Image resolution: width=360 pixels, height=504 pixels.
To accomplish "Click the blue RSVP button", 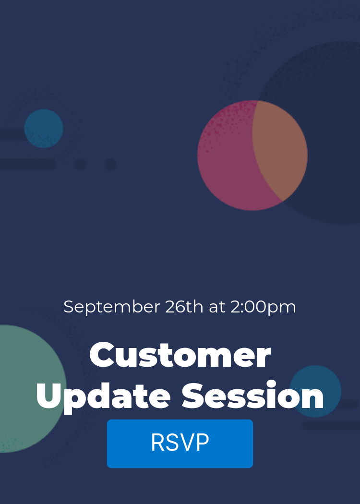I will click(180, 443).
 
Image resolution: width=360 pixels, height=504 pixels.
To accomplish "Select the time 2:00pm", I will click(263, 307).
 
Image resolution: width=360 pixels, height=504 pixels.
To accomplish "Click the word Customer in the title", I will click(180, 355).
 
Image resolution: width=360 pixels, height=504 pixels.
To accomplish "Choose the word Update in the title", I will click(103, 396).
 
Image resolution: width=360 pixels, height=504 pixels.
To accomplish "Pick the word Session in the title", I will click(253, 396).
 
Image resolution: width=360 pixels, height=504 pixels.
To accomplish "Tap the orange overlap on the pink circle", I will click(281, 149).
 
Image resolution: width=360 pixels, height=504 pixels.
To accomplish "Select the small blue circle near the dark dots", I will click(44, 128).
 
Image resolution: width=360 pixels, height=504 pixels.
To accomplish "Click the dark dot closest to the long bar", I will click(80, 165).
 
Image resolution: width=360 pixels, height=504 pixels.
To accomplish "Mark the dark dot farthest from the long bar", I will click(110, 165).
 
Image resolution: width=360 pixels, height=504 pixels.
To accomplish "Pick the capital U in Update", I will click(48, 396).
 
